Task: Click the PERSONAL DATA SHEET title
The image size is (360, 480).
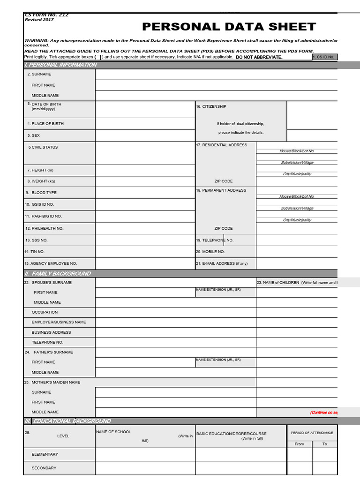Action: tap(229, 27)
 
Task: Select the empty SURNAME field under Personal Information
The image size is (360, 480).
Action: tap(216, 74)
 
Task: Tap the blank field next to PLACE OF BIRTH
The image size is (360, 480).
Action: tap(145, 124)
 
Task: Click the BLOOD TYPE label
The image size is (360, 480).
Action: tap(44, 193)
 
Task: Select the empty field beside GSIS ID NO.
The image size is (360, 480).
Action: tap(145, 204)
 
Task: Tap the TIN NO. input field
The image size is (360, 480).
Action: tap(145, 252)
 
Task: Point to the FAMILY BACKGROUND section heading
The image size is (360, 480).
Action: tap(61, 274)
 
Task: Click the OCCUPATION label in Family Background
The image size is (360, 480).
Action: tap(45, 312)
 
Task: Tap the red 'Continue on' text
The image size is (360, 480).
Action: tap(323, 412)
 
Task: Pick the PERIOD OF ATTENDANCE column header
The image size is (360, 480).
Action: tap(312, 433)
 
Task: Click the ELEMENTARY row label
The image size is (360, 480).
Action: tap(45, 454)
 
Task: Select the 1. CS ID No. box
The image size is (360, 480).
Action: tap(324, 57)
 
